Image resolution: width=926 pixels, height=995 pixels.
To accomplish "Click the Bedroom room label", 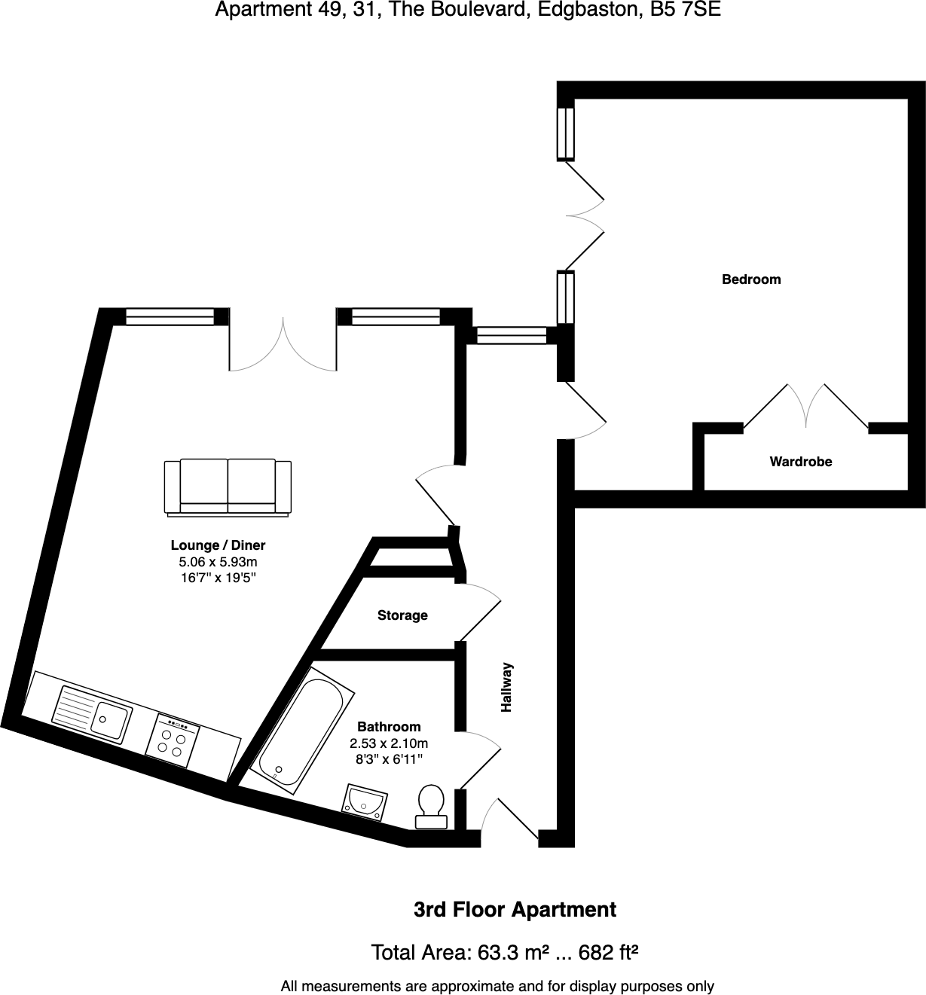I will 751,279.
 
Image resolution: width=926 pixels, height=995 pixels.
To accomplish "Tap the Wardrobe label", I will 800,462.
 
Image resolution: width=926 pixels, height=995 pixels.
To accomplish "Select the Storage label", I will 402,615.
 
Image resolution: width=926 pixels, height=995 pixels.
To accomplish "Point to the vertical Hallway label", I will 507,687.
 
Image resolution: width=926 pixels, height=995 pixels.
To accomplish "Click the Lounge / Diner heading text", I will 218,545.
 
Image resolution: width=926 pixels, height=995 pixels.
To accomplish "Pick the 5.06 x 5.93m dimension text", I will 218,562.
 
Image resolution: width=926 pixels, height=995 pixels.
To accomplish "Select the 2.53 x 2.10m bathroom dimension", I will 389,743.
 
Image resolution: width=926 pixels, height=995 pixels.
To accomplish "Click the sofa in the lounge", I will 228,487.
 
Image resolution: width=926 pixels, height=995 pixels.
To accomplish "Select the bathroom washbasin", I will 365,801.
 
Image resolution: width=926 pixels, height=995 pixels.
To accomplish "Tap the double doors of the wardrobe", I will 805,407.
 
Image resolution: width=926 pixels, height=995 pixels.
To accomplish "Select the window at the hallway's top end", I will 512,335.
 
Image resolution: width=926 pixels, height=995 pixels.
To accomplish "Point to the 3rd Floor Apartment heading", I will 515,910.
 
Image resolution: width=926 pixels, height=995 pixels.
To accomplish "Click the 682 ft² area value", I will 608,953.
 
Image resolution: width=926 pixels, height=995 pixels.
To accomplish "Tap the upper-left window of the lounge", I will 170,317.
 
